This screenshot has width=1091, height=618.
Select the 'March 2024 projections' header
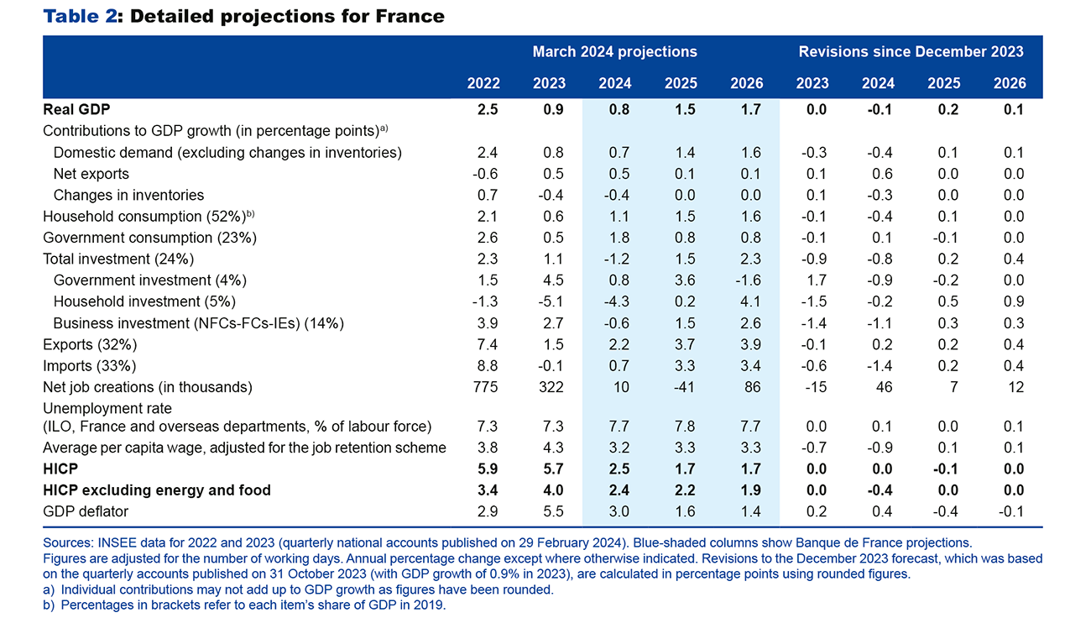pyautogui.click(x=614, y=51)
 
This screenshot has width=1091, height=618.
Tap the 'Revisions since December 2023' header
pyautogui.click(x=911, y=51)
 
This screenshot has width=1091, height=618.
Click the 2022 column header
pyautogui.click(x=483, y=83)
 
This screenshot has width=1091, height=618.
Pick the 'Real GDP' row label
pyautogui.click(x=76, y=109)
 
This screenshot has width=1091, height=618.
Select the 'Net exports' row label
pyautogui.click(x=91, y=174)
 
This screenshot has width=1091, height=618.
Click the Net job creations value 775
pyautogui.click(x=487, y=387)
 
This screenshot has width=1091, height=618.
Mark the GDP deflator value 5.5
pyautogui.click(x=552, y=511)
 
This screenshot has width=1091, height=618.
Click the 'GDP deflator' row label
pyautogui.click(x=86, y=511)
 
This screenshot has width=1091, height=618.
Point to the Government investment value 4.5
pyautogui.click(x=552, y=280)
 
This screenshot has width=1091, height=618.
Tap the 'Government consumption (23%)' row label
pyautogui.click(x=149, y=238)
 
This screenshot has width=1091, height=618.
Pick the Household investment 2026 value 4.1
pyautogui.click(x=751, y=301)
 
